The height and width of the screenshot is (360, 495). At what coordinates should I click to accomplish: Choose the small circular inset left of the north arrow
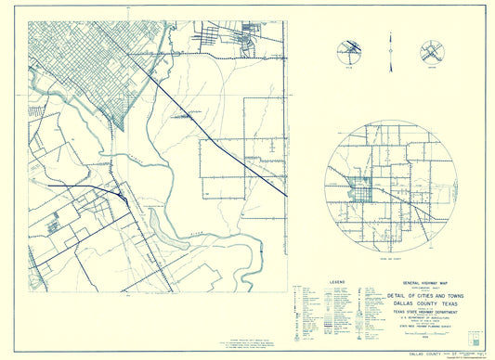coord(351,53)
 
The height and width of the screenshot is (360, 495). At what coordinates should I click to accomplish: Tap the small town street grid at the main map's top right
coord(249,42)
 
